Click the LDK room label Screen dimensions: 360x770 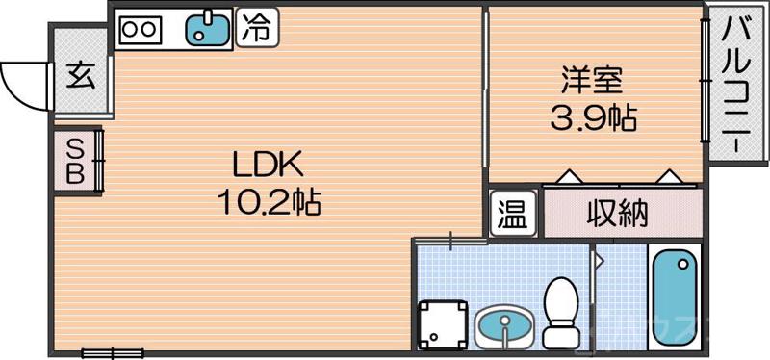267,164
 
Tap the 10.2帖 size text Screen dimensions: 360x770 269,202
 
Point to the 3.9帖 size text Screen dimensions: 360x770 592,118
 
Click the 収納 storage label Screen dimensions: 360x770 617,214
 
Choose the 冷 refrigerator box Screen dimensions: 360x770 255,28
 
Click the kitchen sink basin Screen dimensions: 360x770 208,29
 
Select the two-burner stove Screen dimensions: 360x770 140,29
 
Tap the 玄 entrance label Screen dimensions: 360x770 81,76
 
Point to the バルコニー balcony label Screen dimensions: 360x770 735,85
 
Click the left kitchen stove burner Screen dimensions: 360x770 130,29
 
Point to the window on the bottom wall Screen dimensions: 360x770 113,353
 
